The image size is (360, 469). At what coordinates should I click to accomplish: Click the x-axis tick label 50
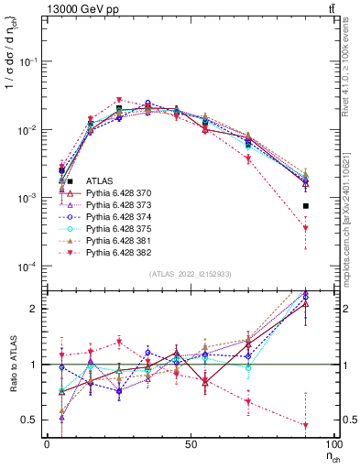click(x=190, y=443)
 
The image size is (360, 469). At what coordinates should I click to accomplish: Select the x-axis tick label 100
click(x=332, y=443)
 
